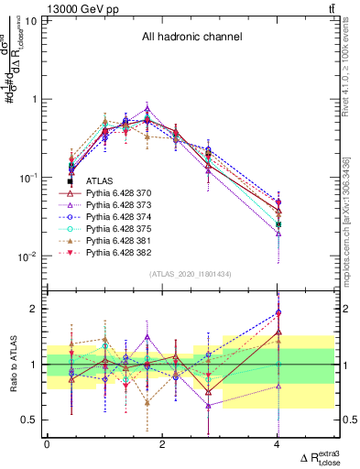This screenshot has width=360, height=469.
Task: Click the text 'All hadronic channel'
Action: pyautogui.click(x=191, y=38)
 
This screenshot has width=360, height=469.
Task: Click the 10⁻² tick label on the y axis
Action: pyautogui.click(x=27, y=256)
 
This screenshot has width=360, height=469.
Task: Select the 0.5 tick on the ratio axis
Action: pyautogui.click(x=30, y=420)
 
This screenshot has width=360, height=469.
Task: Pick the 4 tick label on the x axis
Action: pyautogui.click(x=278, y=444)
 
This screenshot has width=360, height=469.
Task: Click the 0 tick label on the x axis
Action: pyautogui.click(x=47, y=444)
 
